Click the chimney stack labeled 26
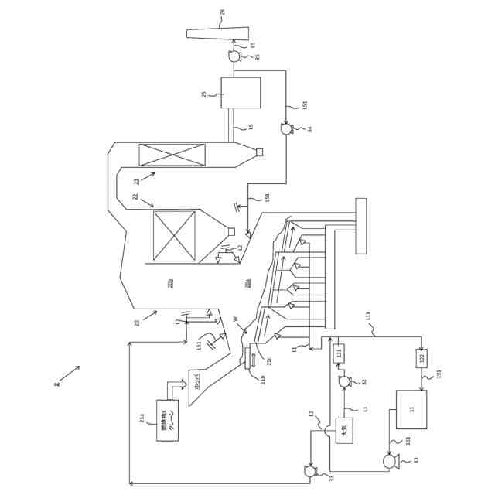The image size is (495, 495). coord(217,33)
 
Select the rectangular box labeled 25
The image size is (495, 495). coord(241,93)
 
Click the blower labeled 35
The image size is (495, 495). coord(234,56)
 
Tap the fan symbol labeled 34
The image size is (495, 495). coord(286,129)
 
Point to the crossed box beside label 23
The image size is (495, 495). coord(172,155)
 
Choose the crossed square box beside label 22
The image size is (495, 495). coord(174,236)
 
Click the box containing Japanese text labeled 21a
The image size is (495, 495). coord(167,421)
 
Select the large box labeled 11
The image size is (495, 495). coord(411,409)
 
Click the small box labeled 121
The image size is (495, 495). coord(339,353)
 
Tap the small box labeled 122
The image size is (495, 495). coord(422,358)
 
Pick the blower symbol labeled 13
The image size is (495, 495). coord(391,461)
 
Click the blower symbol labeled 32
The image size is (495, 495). coord(344,381)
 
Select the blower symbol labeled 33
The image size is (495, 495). coord(310,471)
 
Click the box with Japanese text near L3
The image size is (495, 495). coord(344,430)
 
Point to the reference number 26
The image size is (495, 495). coord(244,12)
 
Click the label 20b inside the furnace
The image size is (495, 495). coord(171,284)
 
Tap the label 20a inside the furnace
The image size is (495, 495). coord(248,284)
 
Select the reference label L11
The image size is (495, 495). coord(368,316)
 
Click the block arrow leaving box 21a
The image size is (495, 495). coord(176,386)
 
